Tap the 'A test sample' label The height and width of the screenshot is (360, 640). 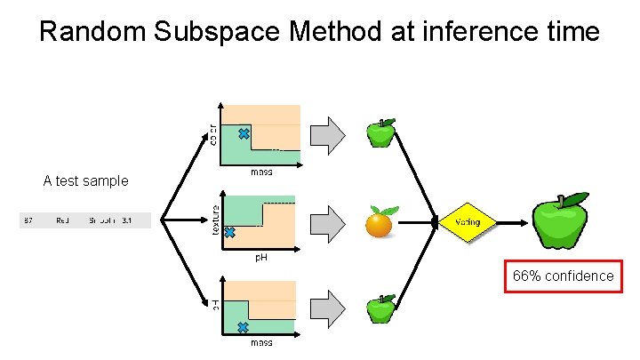point(85,180)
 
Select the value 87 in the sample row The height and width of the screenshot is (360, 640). point(28,220)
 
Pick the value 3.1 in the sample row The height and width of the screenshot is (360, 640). point(126,220)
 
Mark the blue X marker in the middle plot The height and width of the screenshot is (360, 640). point(228,232)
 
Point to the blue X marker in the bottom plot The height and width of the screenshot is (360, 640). point(243,327)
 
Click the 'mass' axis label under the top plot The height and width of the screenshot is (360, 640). point(261,172)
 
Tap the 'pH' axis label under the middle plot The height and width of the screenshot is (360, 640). point(261,258)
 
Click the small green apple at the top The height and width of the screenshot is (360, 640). point(382,133)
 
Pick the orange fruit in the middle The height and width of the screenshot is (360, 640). point(380,222)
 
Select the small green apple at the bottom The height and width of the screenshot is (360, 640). point(382,308)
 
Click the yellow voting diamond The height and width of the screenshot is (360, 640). point(468,221)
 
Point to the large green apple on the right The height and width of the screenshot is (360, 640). point(560,221)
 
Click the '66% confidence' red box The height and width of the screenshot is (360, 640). point(563,276)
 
